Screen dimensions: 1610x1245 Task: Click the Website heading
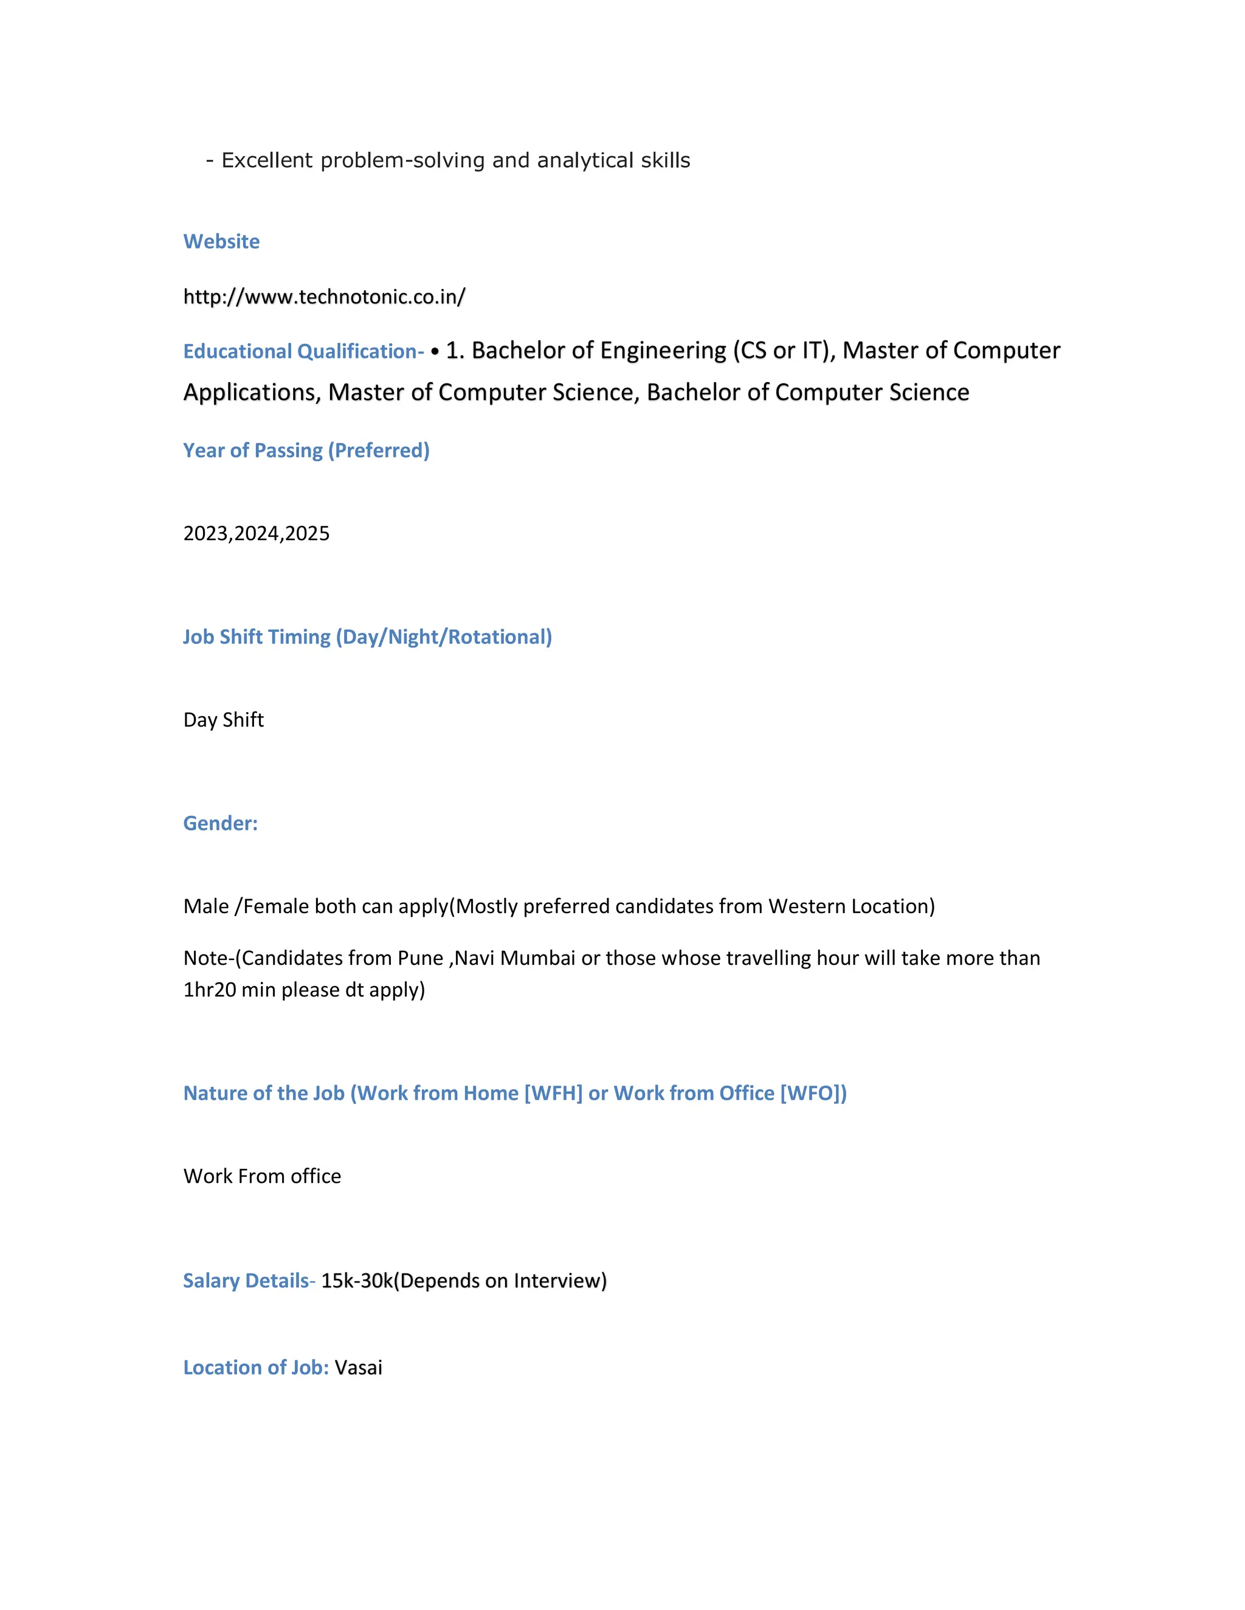click(x=221, y=242)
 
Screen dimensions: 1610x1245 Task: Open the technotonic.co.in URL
click(x=324, y=297)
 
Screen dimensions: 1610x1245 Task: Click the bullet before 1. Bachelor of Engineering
click(x=435, y=352)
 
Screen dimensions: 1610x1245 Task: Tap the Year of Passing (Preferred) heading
click(x=306, y=450)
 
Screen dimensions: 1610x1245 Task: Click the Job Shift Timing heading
click(x=367, y=637)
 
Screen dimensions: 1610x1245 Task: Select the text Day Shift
click(x=224, y=720)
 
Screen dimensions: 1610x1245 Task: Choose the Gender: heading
click(x=221, y=823)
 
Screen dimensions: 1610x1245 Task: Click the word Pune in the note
click(x=421, y=958)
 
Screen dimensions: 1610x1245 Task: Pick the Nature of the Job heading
click(x=515, y=1093)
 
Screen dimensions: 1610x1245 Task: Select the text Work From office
click(x=262, y=1177)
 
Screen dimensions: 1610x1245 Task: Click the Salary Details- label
click(x=249, y=1281)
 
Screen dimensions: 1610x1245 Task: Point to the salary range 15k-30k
click(x=357, y=1281)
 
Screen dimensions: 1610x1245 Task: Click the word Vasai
click(x=359, y=1368)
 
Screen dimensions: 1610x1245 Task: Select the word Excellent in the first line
click(x=267, y=161)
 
